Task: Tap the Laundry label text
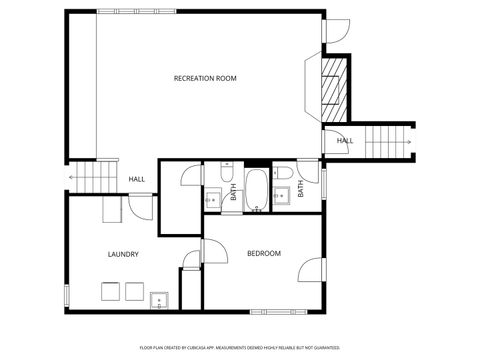click(x=123, y=254)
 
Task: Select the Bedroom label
click(x=264, y=253)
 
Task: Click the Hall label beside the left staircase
click(x=137, y=179)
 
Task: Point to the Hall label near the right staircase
click(x=344, y=141)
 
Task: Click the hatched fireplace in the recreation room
click(x=333, y=88)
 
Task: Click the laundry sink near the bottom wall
click(x=158, y=299)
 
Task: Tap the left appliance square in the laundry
click(x=109, y=291)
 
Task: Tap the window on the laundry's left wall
click(x=67, y=297)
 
